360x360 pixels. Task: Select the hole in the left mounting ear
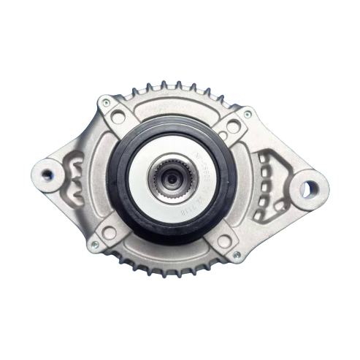50,174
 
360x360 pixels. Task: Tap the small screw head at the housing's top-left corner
106,102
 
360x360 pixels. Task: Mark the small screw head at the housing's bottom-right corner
237,256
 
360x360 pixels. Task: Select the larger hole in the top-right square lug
232,127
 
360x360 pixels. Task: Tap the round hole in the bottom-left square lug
110,232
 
